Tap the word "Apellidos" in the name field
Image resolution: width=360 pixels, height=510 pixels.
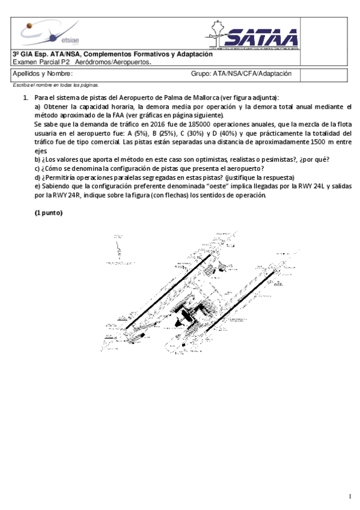(26, 74)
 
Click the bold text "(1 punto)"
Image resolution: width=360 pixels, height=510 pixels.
(48, 213)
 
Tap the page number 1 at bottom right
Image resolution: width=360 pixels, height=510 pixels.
(349, 496)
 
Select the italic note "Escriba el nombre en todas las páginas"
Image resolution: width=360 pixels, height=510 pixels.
(56, 85)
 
